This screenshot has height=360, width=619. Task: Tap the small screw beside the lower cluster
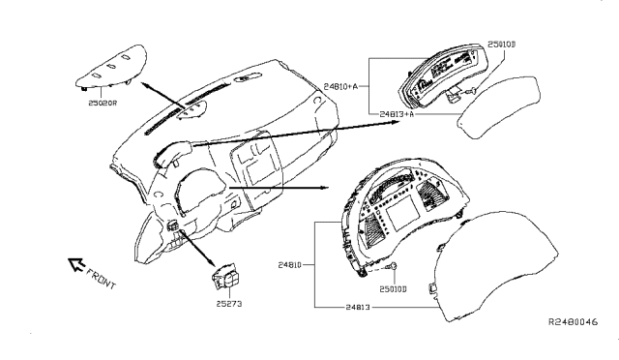pos(394,267)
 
